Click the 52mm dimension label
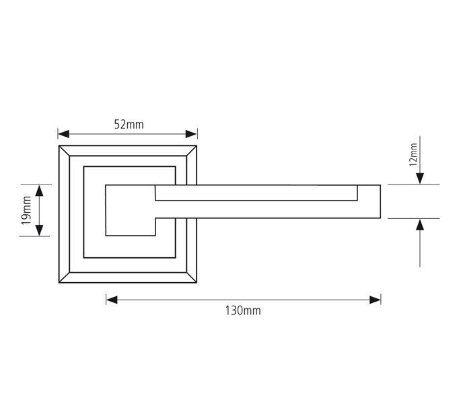click(x=128, y=124)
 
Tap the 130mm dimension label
click(x=244, y=310)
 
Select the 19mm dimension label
click(x=26, y=210)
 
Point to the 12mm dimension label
click(x=413, y=154)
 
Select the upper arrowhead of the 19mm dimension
click(x=40, y=191)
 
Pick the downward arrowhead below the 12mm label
click(x=420, y=178)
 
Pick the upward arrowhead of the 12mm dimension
click(x=420, y=225)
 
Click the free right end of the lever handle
click(x=380, y=201)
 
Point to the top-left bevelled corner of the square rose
click(x=65, y=151)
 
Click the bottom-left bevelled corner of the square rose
click(x=65, y=278)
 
